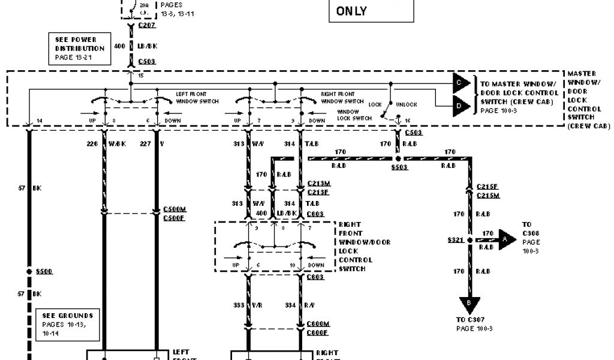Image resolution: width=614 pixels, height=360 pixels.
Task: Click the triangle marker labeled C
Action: pyautogui.click(x=461, y=82)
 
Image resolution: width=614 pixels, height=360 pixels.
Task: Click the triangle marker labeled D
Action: pyautogui.click(x=461, y=106)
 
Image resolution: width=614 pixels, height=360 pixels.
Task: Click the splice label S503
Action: pyautogui.click(x=399, y=167)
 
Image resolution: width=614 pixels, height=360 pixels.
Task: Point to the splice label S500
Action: pyautogui.click(x=44, y=271)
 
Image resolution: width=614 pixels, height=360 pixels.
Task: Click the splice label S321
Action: pyautogui.click(x=455, y=239)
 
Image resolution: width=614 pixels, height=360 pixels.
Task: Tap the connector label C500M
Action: pyautogui.click(x=176, y=209)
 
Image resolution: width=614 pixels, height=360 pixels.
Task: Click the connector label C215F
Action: pyautogui.click(x=487, y=187)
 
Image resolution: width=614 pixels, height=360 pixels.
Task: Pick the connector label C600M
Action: pyautogui.click(x=317, y=323)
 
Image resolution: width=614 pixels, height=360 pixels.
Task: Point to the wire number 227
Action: pyautogui.click(x=145, y=143)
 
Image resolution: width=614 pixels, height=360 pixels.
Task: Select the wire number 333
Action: pyautogui.click(x=239, y=305)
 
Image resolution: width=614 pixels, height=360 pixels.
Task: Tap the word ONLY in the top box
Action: pyautogui.click(x=351, y=11)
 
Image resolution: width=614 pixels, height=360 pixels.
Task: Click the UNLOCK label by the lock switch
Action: pyautogui.click(x=407, y=104)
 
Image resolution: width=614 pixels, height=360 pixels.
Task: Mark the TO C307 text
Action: pyautogui.click(x=469, y=320)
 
